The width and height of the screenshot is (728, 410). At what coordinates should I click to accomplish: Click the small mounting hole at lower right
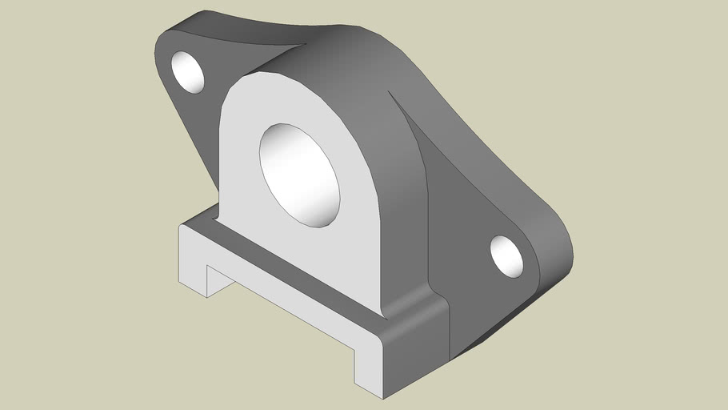click(506, 256)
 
